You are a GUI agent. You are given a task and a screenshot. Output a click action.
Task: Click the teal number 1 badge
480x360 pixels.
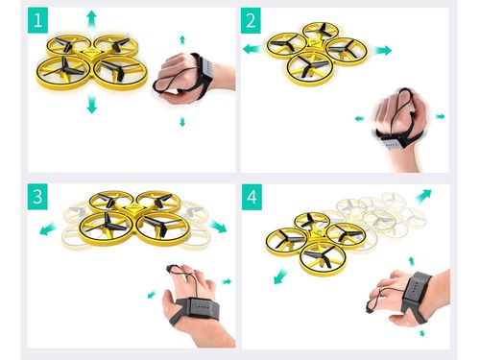37,20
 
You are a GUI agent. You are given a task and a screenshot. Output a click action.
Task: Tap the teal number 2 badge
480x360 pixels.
251,20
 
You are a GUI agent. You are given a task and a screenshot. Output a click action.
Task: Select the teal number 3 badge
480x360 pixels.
37,197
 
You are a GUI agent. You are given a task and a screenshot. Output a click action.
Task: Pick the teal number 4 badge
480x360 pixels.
252,197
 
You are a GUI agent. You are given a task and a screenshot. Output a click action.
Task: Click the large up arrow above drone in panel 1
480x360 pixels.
92,19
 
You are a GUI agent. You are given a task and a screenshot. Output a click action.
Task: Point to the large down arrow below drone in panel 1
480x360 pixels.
92,104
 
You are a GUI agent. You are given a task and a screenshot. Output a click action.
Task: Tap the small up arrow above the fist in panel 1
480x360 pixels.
182,40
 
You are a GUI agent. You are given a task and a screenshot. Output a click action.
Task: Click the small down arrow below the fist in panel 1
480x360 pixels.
182,122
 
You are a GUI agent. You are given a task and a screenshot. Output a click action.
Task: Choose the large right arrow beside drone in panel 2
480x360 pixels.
383,50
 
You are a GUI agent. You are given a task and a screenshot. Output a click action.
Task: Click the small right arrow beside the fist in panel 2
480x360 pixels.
441,116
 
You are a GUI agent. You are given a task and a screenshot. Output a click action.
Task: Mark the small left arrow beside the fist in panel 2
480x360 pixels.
360,119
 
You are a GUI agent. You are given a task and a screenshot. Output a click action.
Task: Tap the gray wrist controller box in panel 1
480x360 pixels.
205,67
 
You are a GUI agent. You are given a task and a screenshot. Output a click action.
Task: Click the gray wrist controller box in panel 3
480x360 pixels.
202,308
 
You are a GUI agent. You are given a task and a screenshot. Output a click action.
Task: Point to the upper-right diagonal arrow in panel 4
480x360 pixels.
423,196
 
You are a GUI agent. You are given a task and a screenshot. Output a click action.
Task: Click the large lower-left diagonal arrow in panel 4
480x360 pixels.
281,276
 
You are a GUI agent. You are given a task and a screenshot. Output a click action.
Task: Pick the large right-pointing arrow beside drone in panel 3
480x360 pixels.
218,227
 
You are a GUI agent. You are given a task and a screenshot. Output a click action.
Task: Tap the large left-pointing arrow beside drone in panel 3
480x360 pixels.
49,229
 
